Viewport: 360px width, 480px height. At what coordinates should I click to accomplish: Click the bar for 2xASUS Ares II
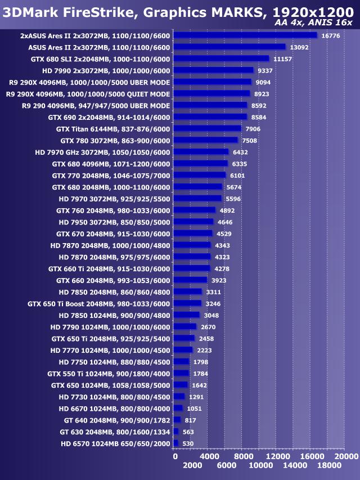point(245,35)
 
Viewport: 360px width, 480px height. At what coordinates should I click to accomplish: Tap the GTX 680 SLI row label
point(100,59)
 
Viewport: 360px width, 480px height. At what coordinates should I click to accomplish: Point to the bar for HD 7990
point(214,70)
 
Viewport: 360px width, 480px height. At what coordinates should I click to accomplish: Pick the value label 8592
point(259,106)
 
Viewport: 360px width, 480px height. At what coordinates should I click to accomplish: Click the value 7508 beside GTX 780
point(250,141)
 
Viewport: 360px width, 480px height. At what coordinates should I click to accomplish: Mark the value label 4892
point(227,210)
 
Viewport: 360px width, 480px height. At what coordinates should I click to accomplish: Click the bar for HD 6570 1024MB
point(175,443)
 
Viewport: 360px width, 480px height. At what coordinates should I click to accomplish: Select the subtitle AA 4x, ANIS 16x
point(313,23)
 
